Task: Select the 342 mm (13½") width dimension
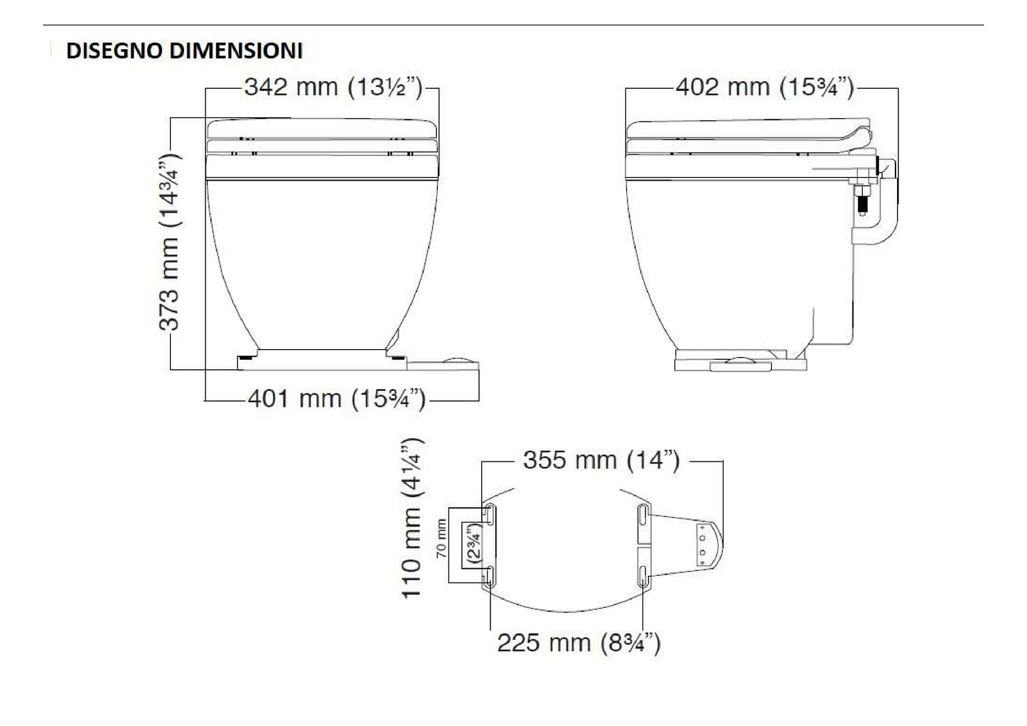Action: pos(333,87)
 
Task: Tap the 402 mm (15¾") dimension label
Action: pos(764,87)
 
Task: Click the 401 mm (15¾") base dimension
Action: pos(336,399)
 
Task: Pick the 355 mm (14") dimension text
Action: pos(601,461)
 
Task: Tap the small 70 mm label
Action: pos(441,539)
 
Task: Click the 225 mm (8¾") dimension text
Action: pos(579,644)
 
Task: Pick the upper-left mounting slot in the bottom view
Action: pos(490,515)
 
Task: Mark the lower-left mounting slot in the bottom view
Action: pos(490,576)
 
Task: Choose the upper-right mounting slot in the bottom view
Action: pos(642,515)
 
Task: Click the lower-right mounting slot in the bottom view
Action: pos(642,576)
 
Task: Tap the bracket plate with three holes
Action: pos(704,544)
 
